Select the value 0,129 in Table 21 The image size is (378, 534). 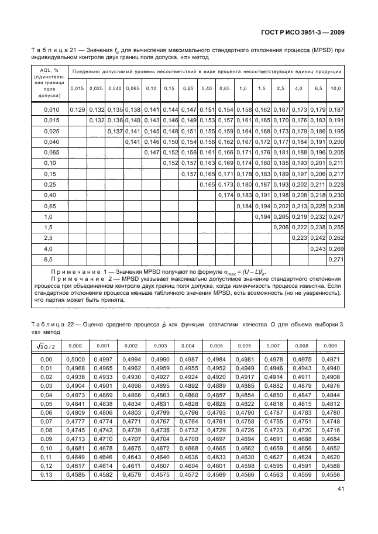tap(77, 109)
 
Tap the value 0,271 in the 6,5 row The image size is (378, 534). tap(336, 259)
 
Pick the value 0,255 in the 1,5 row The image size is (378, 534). tap(336, 227)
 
